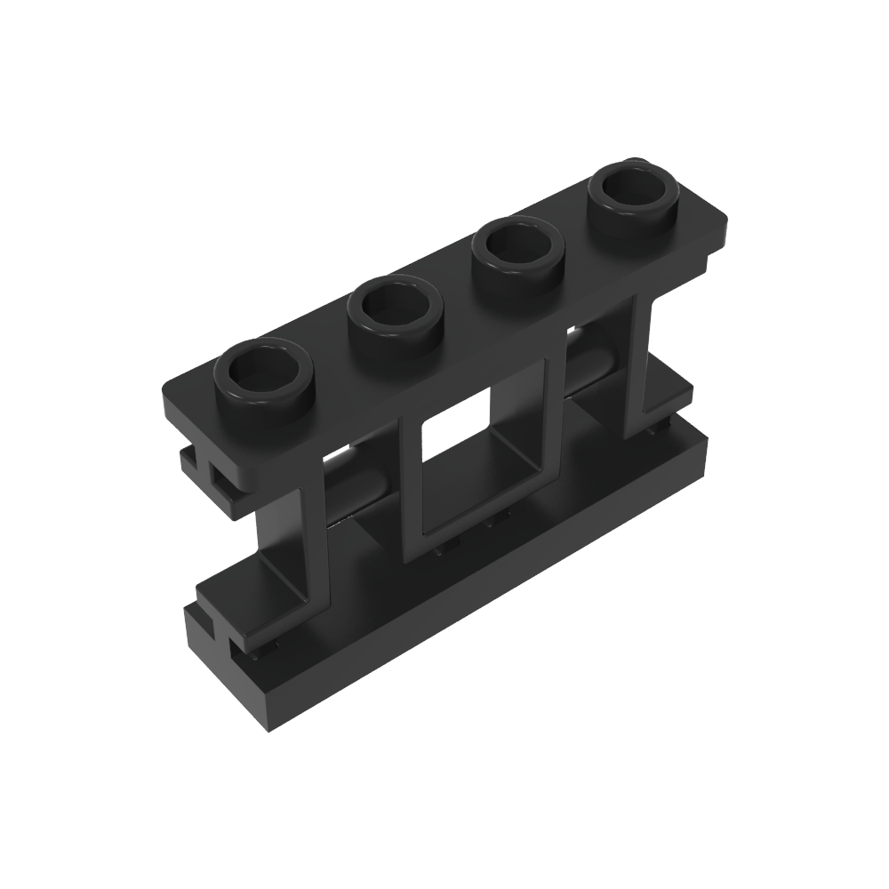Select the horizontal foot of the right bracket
tap(662, 404)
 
